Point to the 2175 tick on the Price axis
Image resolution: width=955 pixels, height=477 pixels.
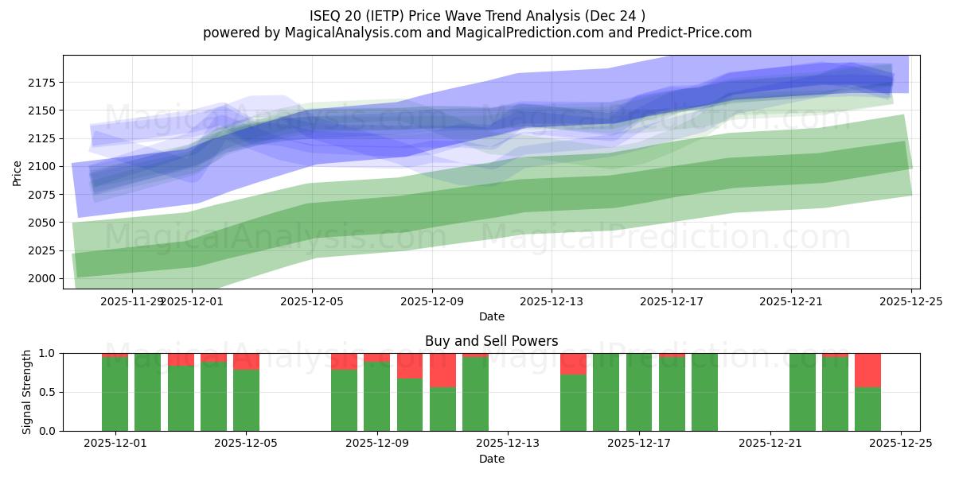point(44,83)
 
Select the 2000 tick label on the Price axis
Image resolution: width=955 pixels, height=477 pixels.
point(44,278)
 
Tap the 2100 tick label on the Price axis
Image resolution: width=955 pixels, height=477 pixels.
point(44,166)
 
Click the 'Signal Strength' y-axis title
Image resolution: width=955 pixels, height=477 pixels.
point(27,392)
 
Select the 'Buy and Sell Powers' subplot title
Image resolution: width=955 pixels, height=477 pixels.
point(491,341)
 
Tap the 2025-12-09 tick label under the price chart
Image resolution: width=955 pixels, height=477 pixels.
point(431,302)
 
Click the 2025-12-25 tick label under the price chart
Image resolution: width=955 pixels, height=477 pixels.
point(910,302)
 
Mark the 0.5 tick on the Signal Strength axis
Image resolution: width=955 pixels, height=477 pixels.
point(47,392)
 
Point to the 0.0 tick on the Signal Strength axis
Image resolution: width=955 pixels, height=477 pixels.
point(47,431)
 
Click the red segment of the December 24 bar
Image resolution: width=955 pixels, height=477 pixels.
point(867,370)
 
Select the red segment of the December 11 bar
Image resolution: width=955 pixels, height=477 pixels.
point(442,370)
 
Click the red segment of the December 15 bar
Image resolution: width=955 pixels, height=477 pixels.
point(573,363)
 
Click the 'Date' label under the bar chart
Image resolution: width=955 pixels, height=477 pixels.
point(491,459)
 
